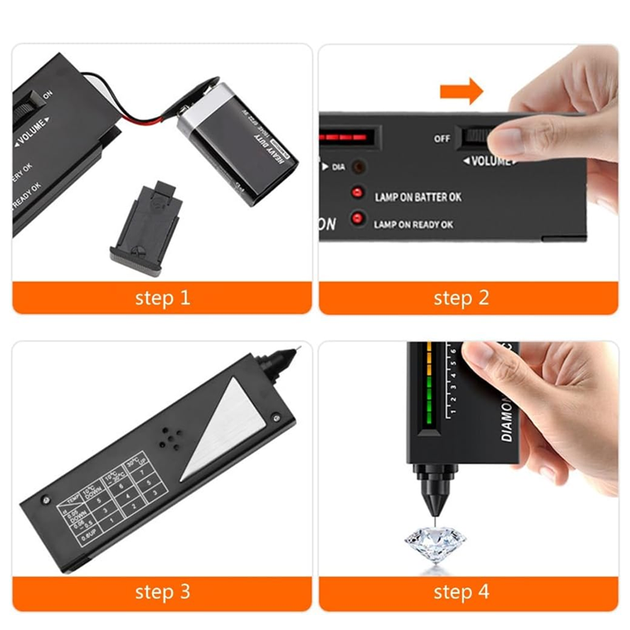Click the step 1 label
(x=162, y=298)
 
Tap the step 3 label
(x=162, y=591)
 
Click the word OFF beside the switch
(x=443, y=139)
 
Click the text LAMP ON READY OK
(x=413, y=224)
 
